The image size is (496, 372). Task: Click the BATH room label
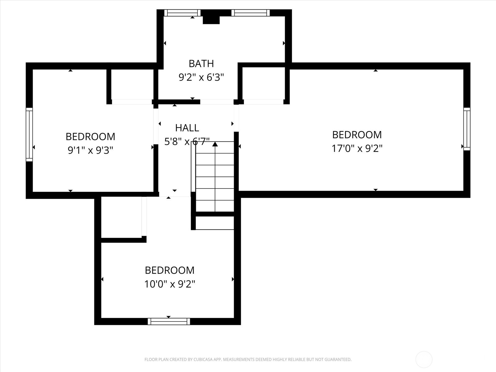201,64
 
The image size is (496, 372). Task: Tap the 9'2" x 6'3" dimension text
201,77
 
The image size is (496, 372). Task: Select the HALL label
187,128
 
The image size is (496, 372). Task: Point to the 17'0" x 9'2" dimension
357,148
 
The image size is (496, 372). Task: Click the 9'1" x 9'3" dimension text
90,150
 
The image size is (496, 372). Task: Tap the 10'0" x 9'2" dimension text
170,284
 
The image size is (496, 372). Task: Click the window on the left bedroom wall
29,135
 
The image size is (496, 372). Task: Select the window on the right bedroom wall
467,129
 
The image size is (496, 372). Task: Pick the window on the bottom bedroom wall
169,321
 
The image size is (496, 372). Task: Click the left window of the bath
182,13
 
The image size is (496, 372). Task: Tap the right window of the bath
250,13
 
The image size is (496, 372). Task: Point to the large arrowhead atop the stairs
215,144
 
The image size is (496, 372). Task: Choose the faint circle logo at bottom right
424,360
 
